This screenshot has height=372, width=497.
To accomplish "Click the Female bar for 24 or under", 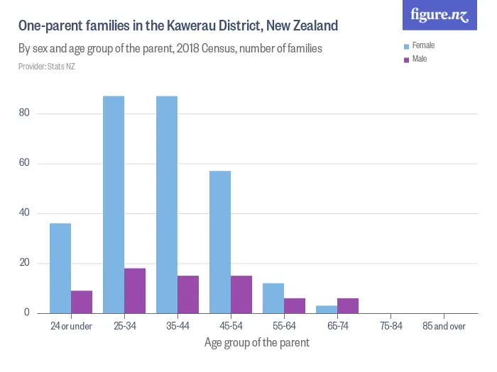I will click(x=60, y=269).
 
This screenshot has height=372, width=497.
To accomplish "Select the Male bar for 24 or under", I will click(x=82, y=302).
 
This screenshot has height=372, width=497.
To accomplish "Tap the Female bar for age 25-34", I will click(x=114, y=205).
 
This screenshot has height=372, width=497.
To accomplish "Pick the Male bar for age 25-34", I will click(x=135, y=291).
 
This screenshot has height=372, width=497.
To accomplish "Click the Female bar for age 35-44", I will click(x=167, y=205).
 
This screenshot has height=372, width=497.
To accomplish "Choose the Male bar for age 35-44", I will click(x=188, y=294).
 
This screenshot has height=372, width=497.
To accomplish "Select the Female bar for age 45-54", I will click(x=220, y=242).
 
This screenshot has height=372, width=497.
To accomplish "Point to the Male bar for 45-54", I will click(x=241, y=294).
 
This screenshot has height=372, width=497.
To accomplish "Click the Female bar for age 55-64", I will click(x=273, y=298).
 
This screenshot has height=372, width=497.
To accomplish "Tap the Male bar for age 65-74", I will click(x=348, y=305).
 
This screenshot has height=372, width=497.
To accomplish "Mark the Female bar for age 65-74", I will click(x=327, y=310).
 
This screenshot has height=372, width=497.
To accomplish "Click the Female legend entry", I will click(x=423, y=45).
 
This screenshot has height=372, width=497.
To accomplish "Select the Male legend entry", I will click(x=420, y=59).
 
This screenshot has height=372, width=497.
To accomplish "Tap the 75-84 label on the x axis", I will click(x=390, y=327).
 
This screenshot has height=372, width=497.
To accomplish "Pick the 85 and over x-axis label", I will click(x=444, y=327).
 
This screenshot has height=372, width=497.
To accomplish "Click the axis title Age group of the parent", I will click(x=257, y=343).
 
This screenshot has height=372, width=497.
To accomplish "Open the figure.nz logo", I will click(x=440, y=16).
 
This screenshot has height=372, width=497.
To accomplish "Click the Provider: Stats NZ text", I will click(x=47, y=67).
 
